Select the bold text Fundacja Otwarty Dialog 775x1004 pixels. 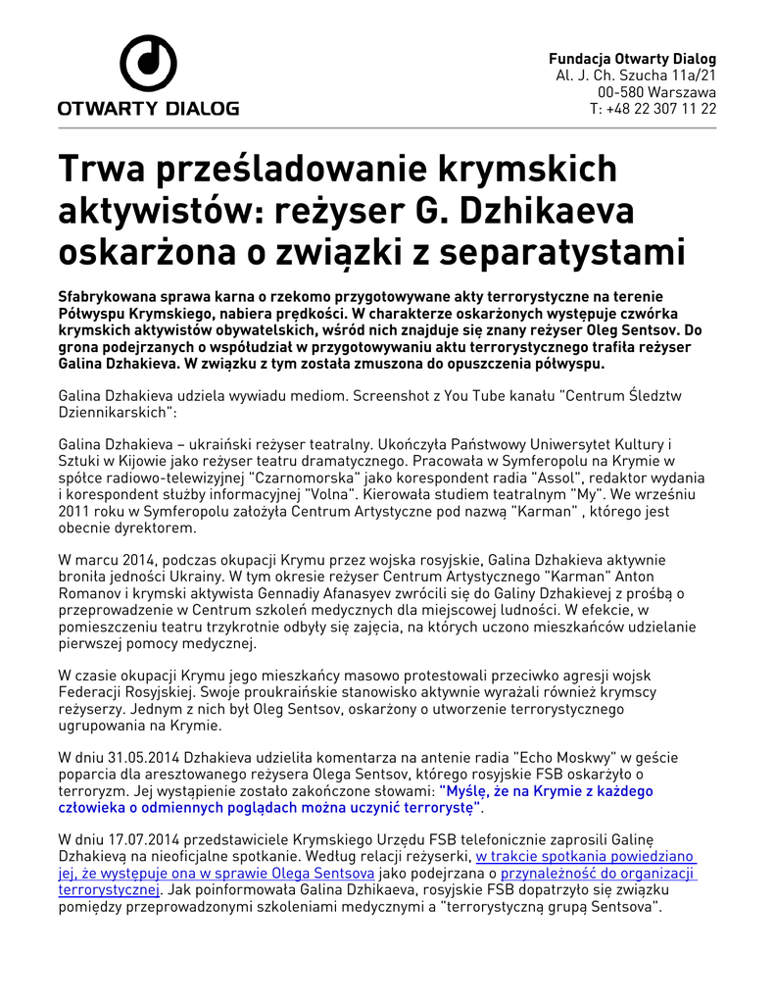click(632, 59)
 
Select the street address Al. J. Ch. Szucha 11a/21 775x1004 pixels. click(636, 75)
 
